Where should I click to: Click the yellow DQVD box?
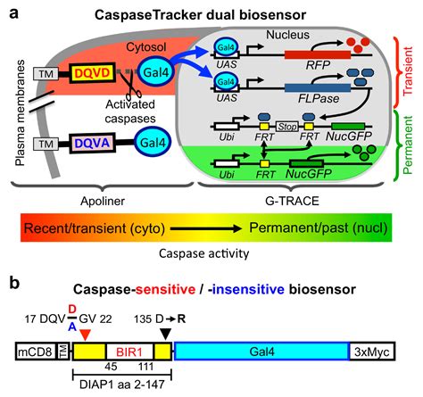pos(92,73)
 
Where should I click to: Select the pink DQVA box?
pos(92,143)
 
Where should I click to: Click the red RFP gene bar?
pos(318,54)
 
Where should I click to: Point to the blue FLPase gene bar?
pos(318,88)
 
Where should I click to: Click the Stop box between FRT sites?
pos(287,127)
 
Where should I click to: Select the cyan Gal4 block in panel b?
pos(261,352)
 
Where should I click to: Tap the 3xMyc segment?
pos(372,352)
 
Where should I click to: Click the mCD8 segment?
pos(36,352)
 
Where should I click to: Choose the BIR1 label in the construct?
pos(129,352)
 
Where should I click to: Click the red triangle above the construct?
pos(85,335)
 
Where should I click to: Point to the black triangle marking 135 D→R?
pos(166,334)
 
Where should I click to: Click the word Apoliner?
pos(103,202)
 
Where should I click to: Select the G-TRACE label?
pos(292,201)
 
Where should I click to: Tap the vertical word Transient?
pos(408,70)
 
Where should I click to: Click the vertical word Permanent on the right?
pos(408,145)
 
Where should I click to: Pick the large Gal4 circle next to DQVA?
pos(153,143)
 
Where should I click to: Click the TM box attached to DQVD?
pos(46,73)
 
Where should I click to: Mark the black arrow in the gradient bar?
pos(206,228)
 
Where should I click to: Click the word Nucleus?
pos(287,35)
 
